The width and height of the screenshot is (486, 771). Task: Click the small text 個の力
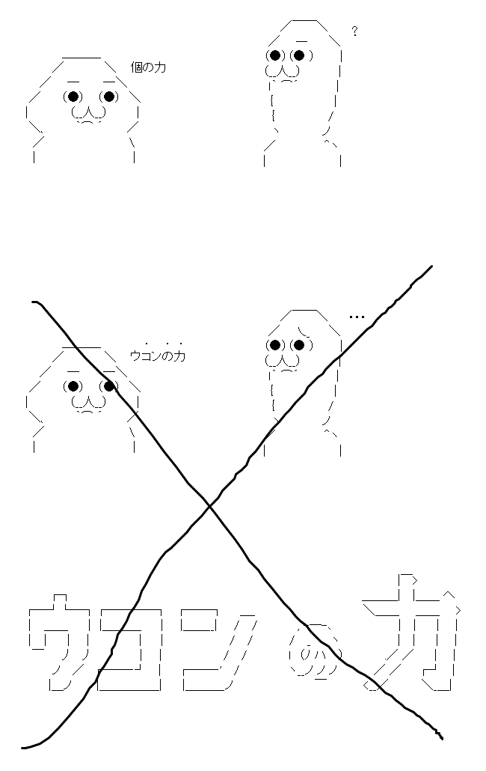point(148,67)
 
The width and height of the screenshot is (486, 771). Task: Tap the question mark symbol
point(354,31)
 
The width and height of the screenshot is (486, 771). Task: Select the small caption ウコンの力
point(158,356)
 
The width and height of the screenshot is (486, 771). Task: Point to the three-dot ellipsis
point(357,317)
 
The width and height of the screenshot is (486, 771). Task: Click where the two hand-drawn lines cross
point(209,505)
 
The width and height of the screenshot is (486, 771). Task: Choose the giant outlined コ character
point(130,649)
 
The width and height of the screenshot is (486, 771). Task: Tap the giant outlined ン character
point(218,650)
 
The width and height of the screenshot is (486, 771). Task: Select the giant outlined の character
point(315,653)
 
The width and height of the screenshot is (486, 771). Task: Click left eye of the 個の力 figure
point(73,97)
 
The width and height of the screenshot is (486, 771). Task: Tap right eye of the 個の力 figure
point(109,97)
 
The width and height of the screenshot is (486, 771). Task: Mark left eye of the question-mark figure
point(275,55)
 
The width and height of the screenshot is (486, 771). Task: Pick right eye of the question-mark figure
point(300,55)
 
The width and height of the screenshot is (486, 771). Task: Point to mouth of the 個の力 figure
point(88,114)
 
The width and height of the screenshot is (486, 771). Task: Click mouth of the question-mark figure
point(283,73)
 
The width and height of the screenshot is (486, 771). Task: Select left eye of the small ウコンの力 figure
point(73,386)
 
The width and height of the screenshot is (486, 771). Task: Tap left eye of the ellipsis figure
point(275,344)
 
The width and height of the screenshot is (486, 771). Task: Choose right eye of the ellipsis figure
point(300,344)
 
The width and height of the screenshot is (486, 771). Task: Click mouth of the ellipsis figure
point(283,362)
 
